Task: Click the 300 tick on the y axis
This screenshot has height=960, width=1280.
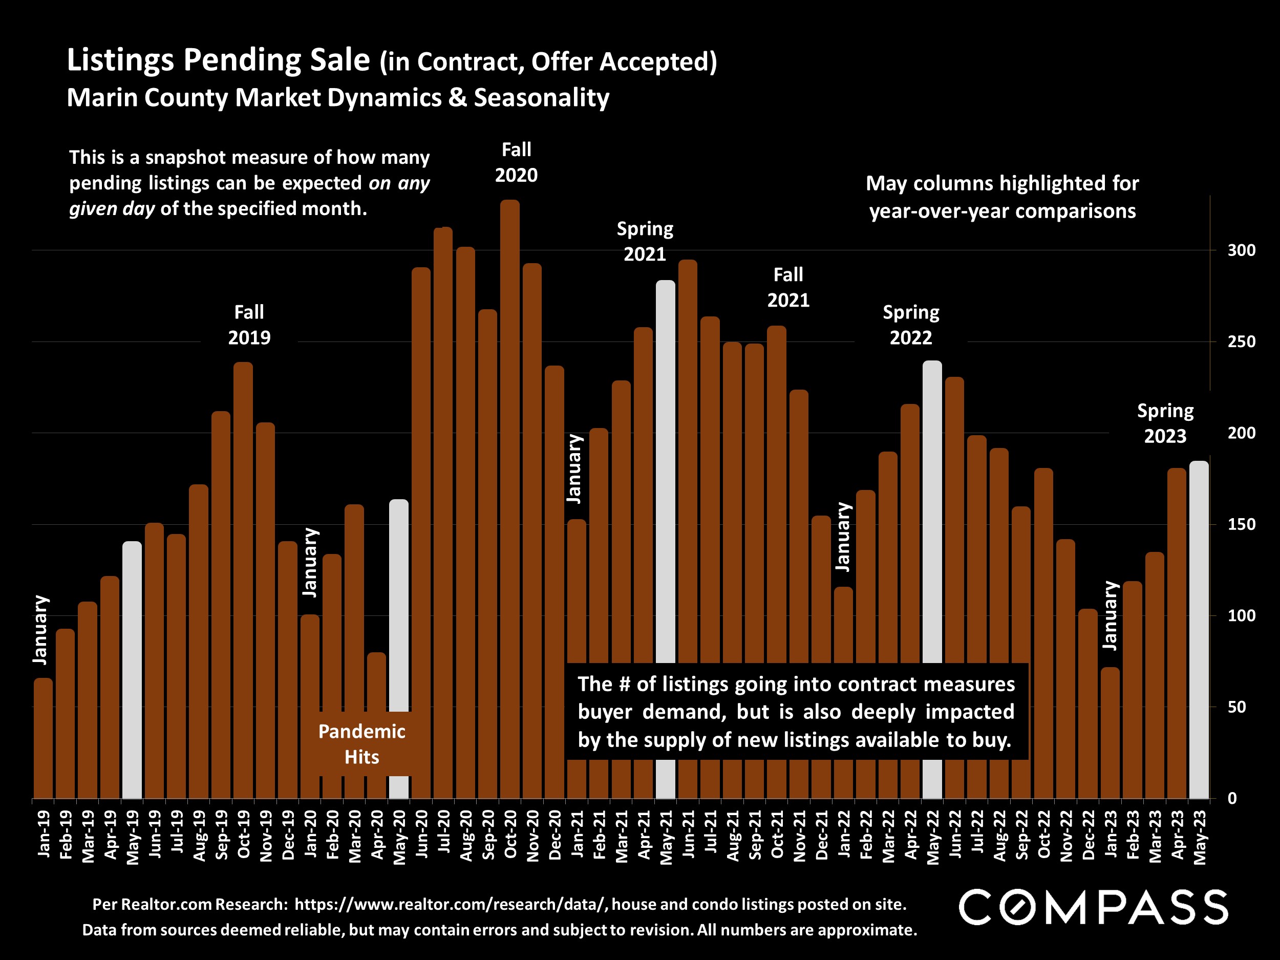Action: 1241,250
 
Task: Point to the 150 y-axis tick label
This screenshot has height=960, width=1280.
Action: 1241,524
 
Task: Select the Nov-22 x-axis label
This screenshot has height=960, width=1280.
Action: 1066,836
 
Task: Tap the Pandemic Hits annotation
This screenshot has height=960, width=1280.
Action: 361,744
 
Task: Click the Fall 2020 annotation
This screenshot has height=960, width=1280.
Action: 516,162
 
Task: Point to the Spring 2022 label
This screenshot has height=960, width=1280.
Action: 911,325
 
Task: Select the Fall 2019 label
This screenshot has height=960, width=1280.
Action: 249,325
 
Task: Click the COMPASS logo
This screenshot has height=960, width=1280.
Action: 1093,907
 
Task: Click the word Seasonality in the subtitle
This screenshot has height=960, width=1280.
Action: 542,97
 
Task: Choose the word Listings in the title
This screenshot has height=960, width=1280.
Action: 120,60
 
